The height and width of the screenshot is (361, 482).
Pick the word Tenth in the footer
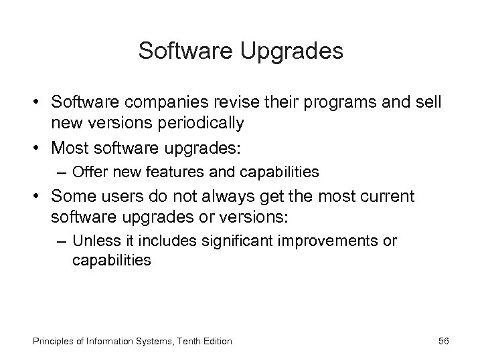177,341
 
